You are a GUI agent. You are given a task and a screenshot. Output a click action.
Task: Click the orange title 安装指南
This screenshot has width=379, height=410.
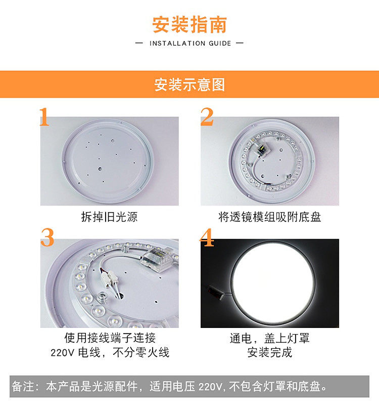[x=189, y=25]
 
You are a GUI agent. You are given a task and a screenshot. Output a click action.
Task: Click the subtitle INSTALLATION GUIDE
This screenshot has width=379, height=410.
[x=191, y=43]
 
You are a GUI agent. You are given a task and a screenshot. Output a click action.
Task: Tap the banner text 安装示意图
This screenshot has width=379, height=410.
[x=189, y=85]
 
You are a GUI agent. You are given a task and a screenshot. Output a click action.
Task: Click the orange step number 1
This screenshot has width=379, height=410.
[x=44, y=116]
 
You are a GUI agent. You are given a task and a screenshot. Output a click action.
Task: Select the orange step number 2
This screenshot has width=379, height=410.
[x=207, y=116]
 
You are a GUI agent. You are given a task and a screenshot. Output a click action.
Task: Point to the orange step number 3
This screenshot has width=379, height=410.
[x=47, y=237]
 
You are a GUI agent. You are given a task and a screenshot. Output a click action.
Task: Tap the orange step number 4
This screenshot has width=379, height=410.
[x=207, y=237]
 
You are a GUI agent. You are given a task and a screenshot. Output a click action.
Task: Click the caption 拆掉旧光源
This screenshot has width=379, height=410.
[x=109, y=217]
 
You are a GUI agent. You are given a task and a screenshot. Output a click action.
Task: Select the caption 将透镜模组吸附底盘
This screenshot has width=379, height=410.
[x=270, y=217]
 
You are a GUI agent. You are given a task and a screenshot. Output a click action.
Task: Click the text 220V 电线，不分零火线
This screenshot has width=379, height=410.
[x=110, y=352]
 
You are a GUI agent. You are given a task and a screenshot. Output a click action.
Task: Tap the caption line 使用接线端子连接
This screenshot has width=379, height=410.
[x=110, y=338]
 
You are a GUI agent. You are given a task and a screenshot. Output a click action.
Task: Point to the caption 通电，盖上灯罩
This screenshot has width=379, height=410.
[x=270, y=338]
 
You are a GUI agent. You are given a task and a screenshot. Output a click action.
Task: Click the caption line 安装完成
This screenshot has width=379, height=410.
[x=270, y=352]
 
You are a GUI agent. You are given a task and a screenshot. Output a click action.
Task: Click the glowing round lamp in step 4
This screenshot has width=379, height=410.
[x=273, y=282]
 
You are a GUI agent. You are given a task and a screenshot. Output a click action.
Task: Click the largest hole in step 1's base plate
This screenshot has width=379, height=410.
[x=100, y=169]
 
